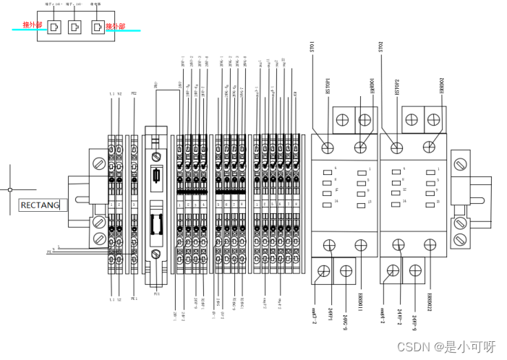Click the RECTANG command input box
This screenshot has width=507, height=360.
[40, 205]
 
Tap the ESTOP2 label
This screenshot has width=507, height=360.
[396, 87]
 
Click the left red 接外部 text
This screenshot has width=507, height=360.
[33, 26]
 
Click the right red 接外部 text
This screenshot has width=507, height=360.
[115, 27]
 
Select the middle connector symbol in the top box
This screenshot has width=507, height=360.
[74, 27]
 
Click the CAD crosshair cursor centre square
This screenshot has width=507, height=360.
[10, 189]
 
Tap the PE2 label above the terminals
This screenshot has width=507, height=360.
[134, 95]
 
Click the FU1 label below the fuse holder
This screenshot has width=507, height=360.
[155, 295]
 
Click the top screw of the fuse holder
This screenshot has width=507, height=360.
[155, 156]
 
